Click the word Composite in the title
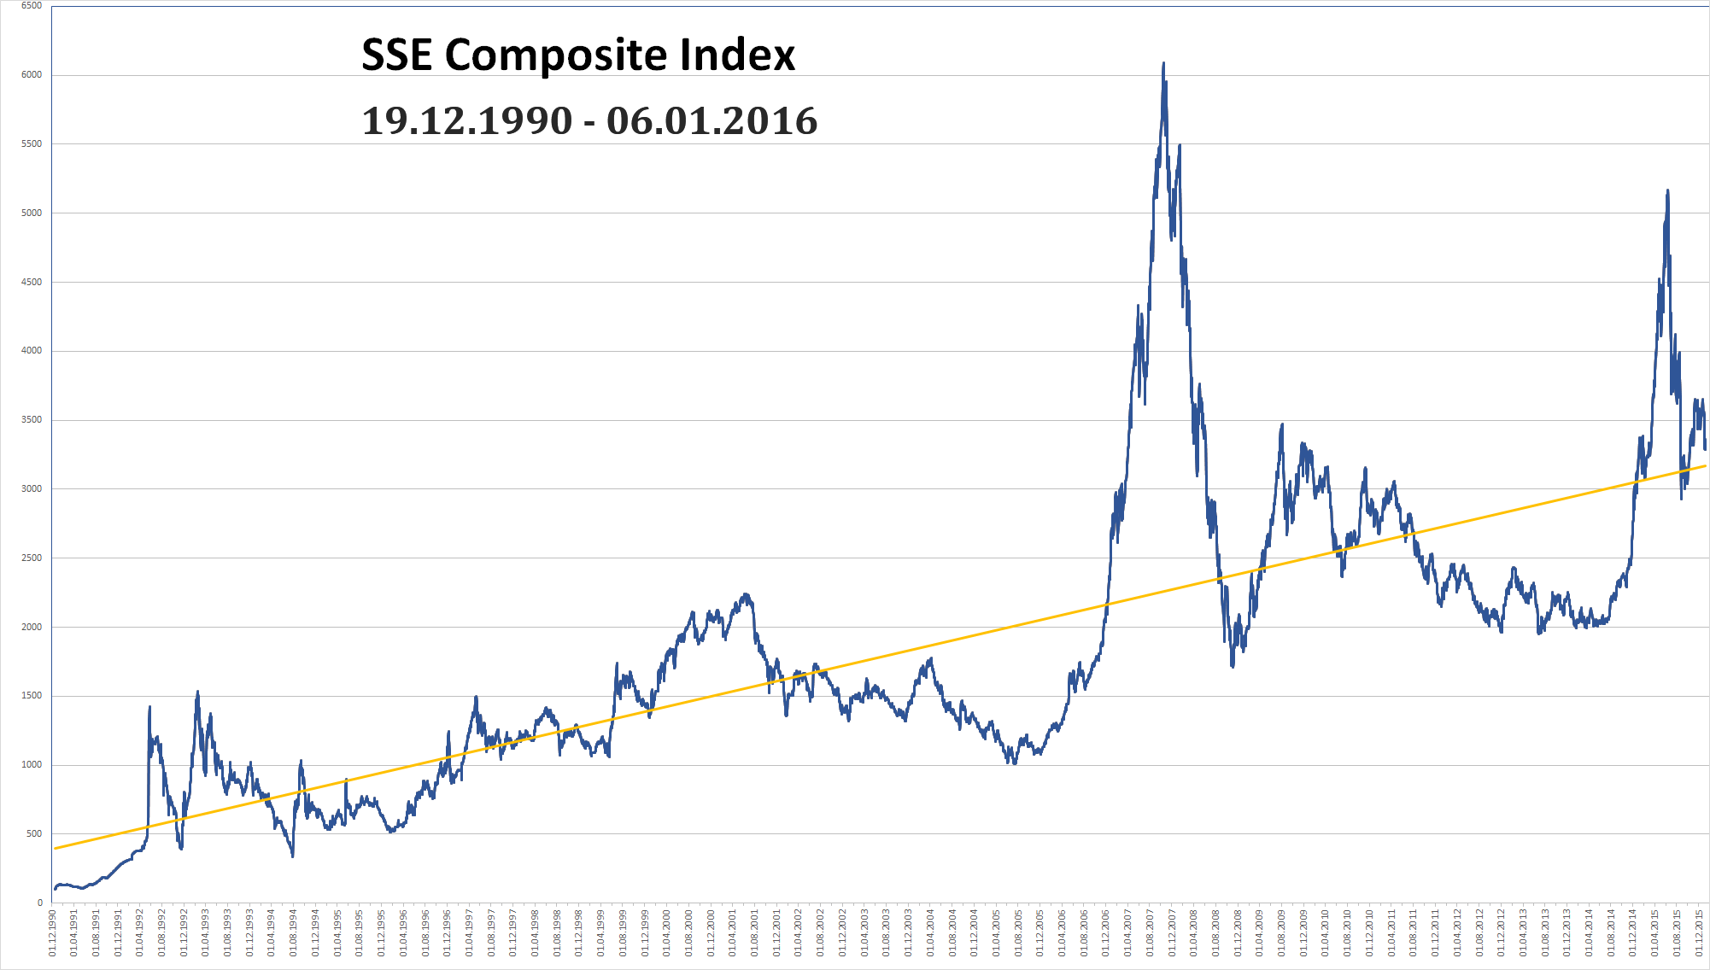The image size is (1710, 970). tap(556, 56)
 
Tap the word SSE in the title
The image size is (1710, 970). tap(398, 56)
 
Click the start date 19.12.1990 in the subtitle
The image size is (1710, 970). tap(466, 121)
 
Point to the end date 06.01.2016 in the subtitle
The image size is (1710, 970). tap(712, 121)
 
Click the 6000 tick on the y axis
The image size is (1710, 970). tap(32, 75)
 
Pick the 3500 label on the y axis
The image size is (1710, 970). tap(32, 420)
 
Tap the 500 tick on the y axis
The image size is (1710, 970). tap(34, 834)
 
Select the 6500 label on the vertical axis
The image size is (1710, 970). tap(32, 6)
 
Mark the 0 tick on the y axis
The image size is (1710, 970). tap(39, 903)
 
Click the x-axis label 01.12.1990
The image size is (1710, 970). tap(53, 932)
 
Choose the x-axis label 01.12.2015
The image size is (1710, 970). tap(1700, 932)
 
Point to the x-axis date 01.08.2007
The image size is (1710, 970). tap(1151, 932)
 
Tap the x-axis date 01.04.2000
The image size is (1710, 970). tap(667, 932)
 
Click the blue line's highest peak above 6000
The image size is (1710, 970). tap(1163, 63)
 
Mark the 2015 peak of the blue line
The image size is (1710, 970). tap(1667, 191)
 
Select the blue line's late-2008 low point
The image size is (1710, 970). tap(1233, 666)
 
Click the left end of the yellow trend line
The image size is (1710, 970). tap(55, 849)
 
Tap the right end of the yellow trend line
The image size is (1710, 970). tap(1706, 466)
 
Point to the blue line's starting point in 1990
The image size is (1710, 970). tap(55, 889)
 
